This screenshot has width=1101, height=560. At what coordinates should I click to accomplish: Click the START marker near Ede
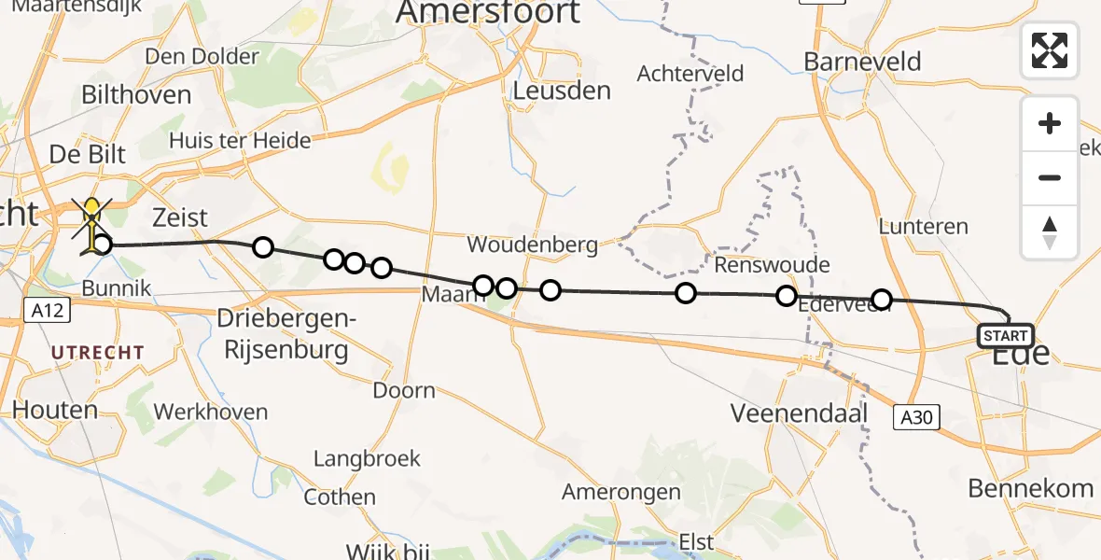pyautogui.click(x=1006, y=336)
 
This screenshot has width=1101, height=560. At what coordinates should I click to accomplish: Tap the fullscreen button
pyautogui.click(x=1050, y=50)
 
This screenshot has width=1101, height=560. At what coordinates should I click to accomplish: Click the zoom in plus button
pyautogui.click(x=1050, y=123)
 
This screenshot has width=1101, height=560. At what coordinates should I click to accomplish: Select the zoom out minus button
pyautogui.click(x=1050, y=177)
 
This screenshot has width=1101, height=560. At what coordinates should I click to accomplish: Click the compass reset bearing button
pyautogui.click(x=1050, y=231)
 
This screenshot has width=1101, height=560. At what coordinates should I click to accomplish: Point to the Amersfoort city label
pyautogui.click(x=488, y=13)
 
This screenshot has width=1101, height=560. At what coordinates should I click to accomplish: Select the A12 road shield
pyautogui.click(x=46, y=310)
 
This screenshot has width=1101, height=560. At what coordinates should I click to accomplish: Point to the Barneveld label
pyautogui.click(x=862, y=63)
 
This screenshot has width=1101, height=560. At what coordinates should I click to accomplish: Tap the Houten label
pyautogui.click(x=55, y=410)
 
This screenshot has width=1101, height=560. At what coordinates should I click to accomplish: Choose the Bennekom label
pyautogui.click(x=1030, y=487)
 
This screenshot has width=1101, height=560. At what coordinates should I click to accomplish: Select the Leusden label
pyautogui.click(x=562, y=91)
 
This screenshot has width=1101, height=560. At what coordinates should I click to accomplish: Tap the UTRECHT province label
pyautogui.click(x=97, y=353)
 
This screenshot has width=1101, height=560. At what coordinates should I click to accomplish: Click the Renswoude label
pyautogui.click(x=772, y=265)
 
